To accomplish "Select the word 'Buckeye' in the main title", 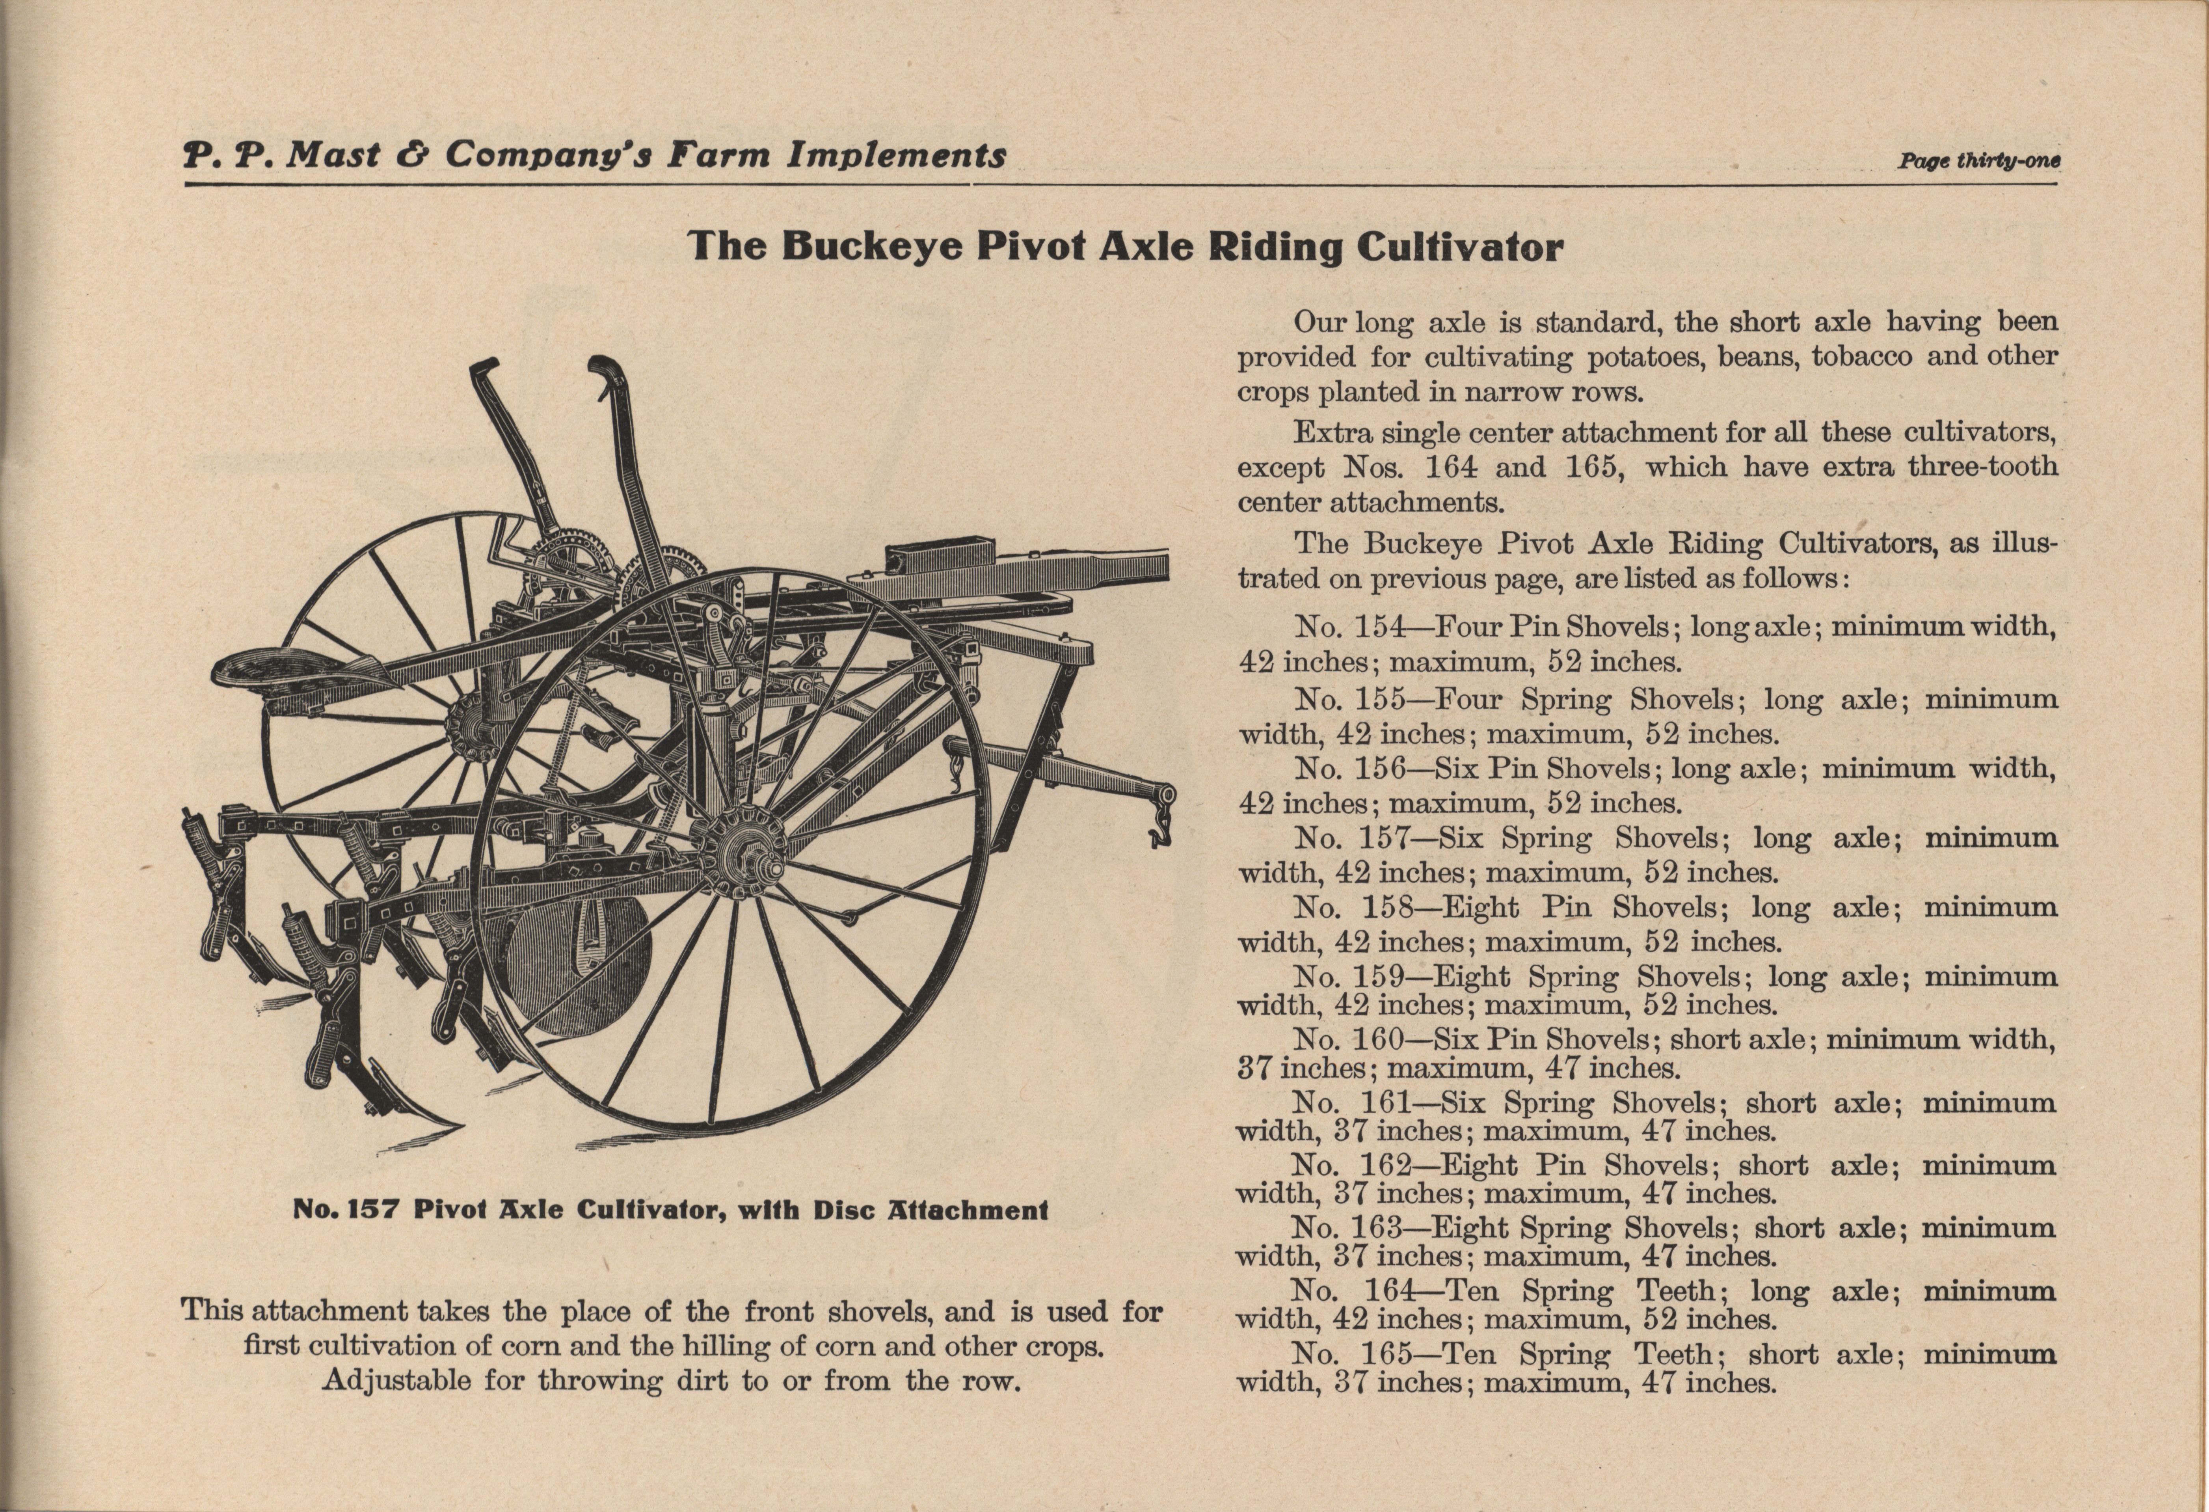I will [x=875, y=247].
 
